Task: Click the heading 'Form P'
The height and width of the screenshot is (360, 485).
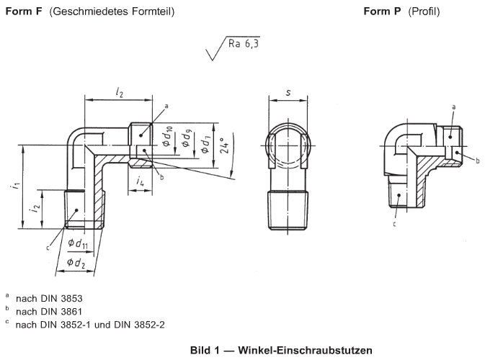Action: [x=383, y=12]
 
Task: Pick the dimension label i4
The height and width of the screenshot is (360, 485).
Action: [x=141, y=182]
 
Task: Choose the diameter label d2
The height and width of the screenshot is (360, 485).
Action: [x=77, y=263]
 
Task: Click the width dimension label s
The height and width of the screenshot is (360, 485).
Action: [x=288, y=92]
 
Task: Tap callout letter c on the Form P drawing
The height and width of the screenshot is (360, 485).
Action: [x=394, y=224]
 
